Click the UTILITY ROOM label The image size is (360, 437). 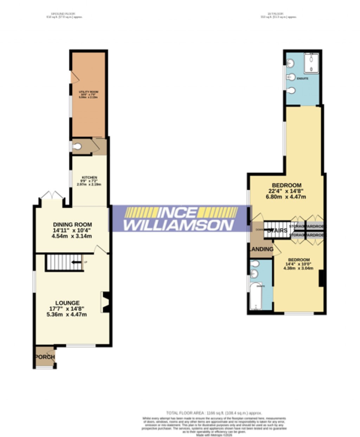pyautogui.click(x=89, y=92)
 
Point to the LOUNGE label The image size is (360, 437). pyautogui.click(x=67, y=303)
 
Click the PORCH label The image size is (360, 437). pyautogui.click(x=45, y=357)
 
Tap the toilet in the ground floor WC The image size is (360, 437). pyautogui.click(x=78, y=146)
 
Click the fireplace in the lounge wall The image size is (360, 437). pyautogui.click(x=105, y=301)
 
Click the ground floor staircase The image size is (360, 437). pyautogui.click(x=63, y=262)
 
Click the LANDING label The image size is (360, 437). pyautogui.click(x=262, y=249)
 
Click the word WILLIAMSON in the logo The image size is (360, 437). pyautogui.click(x=178, y=225)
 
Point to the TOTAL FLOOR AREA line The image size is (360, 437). pyautogui.click(x=214, y=413)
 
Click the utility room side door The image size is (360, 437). pyautogui.click(x=72, y=77)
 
